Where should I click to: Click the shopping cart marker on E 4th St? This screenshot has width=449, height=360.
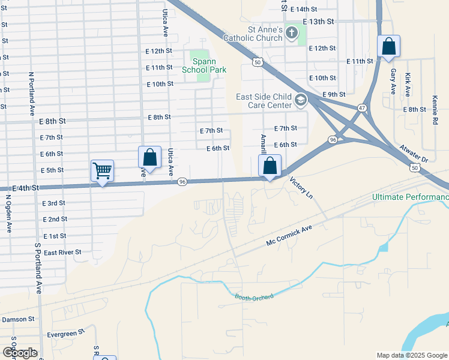(x=102, y=171)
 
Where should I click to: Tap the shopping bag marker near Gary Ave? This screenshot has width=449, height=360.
(x=388, y=46)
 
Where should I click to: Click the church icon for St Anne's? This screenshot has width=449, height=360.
(x=292, y=32)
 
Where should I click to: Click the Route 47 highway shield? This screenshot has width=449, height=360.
(x=362, y=107)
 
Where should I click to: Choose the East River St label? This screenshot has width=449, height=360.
(x=62, y=253)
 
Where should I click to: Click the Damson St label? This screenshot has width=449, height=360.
(x=19, y=319)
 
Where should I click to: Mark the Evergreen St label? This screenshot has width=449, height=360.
(x=67, y=334)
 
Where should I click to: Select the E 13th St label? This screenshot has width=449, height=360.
(x=318, y=21)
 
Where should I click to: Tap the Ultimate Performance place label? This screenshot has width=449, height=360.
(x=410, y=197)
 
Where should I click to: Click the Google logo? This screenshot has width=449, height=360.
(x=19, y=353)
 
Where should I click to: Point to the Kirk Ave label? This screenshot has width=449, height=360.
(x=408, y=85)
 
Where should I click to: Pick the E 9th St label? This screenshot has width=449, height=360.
(x=334, y=95)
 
